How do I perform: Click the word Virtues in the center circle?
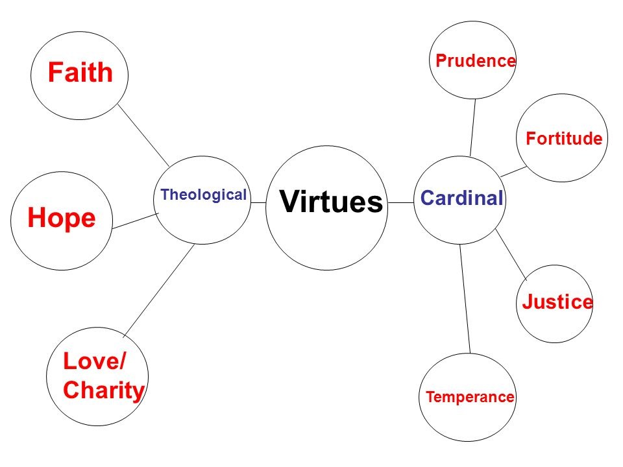tap(331, 202)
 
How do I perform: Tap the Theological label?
tap(204, 195)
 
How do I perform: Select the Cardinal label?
tap(462, 198)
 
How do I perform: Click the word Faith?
tap(80, 73)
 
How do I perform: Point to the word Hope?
tap(62, 219)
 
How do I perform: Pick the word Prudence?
tap(476, 61)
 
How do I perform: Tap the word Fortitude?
tap(564, 138)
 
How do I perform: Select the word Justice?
tap(557, 302)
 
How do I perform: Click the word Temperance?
tap(470, 397)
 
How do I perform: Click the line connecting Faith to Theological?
tap(143, 135)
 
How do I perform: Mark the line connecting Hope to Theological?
tap(135, 221)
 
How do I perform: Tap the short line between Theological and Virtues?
tap(258, 203)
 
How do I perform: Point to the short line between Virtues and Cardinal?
tap(401, 203)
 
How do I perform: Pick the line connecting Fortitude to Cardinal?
tap(513, 171)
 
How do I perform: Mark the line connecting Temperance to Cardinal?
tap(465, 298)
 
